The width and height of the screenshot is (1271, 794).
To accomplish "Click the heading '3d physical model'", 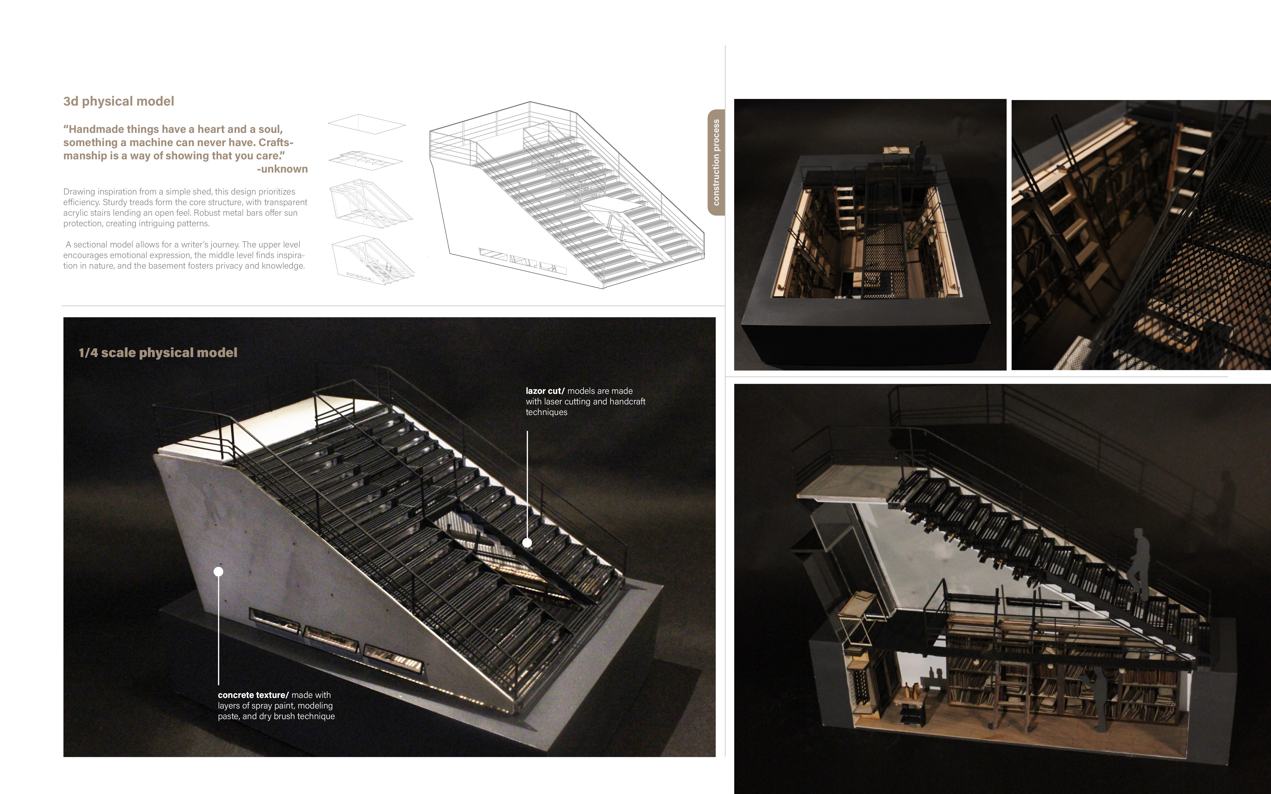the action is click(119, 101).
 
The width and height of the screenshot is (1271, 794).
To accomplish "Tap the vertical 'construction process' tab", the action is click(716, 162).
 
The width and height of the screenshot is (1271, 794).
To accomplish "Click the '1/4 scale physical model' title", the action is click(158, 352).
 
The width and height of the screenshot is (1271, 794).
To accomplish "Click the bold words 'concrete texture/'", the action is click(253, 695).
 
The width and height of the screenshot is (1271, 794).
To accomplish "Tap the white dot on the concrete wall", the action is click(218, 571).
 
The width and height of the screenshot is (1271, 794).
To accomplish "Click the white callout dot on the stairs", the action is click(527, 543).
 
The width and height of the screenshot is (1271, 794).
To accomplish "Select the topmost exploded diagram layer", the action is click(366, 124).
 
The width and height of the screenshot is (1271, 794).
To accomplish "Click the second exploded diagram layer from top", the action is click(365, 160).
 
